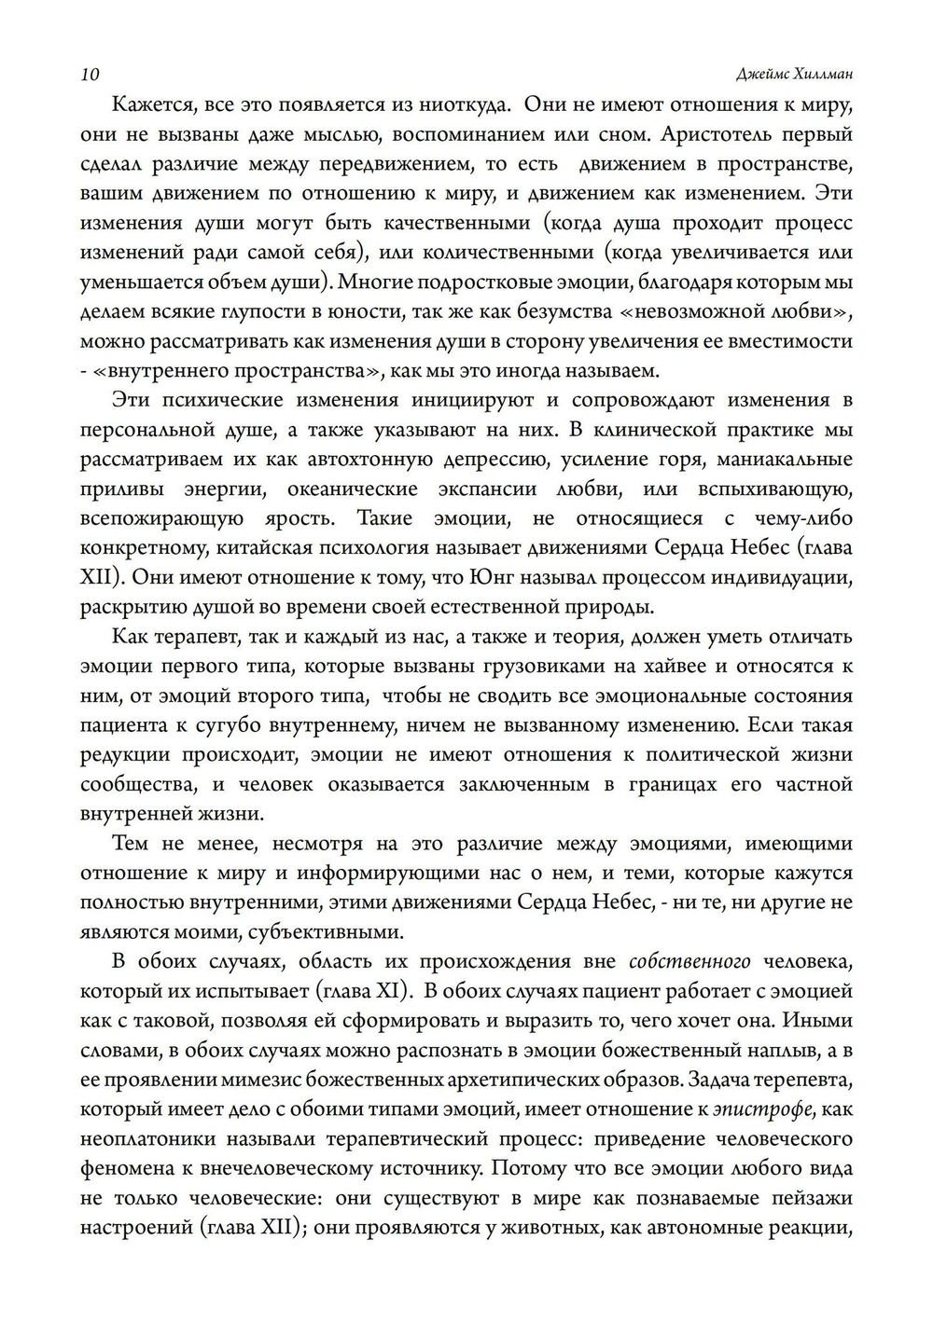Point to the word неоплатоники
[148, 1139]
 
